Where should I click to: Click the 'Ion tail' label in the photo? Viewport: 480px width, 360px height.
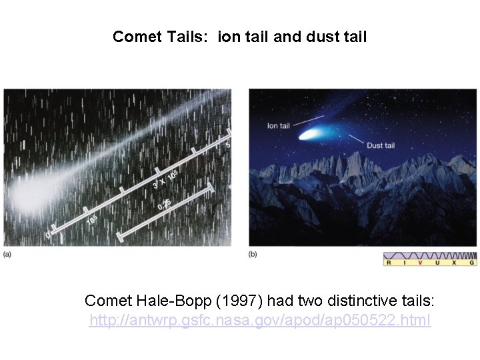278,125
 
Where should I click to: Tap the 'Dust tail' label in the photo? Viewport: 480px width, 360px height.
381,145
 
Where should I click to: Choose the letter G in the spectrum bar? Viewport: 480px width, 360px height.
472,263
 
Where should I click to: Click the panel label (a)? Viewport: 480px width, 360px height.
7,254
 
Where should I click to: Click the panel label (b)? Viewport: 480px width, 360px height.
253,254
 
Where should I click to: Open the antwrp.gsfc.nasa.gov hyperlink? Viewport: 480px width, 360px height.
260,321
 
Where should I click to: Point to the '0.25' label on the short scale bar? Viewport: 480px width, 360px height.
164,204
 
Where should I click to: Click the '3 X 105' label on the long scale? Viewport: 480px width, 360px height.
166,175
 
